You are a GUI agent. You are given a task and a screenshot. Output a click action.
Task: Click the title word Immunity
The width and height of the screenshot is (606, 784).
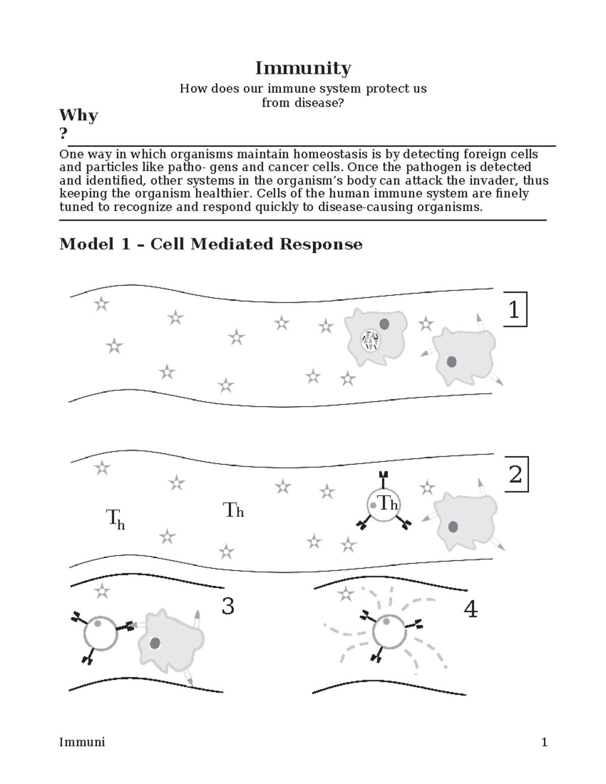(302, 68)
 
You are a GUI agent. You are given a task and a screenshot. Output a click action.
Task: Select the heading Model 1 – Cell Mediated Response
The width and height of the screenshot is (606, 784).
(211, 244)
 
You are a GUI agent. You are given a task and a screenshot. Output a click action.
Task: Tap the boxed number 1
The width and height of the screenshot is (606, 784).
(514, 309)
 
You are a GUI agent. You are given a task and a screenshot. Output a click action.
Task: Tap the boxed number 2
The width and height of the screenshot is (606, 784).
(515, 475)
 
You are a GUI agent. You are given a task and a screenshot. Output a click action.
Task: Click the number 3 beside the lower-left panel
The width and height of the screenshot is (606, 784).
(228, 606)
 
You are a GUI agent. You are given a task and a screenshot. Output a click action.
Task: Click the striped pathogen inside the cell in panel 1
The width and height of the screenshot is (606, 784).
(371, 341)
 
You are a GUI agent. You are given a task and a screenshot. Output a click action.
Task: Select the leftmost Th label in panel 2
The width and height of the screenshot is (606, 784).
(115, 519)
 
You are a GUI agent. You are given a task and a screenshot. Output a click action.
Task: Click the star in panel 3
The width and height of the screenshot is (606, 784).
(102, 591)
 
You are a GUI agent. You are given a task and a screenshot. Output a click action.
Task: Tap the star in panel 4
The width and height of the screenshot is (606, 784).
(346, 594)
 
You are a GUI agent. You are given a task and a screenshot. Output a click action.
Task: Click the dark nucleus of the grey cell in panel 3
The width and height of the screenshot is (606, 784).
(155, 643)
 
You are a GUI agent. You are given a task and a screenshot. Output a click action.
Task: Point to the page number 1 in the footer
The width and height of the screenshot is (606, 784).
(544, 742)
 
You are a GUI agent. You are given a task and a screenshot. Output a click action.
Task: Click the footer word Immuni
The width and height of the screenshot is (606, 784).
(82, 742)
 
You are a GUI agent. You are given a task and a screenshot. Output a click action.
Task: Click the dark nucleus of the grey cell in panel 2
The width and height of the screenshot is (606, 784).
(453, 527)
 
